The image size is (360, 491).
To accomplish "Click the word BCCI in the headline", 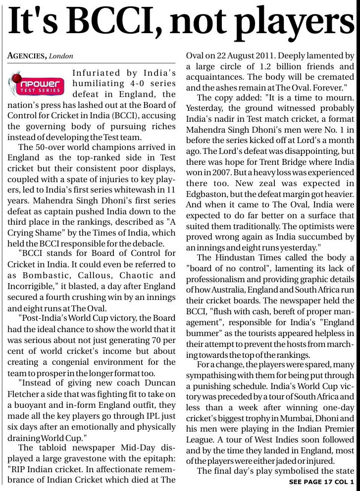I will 122,22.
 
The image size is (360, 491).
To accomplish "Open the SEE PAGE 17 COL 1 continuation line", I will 321,482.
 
